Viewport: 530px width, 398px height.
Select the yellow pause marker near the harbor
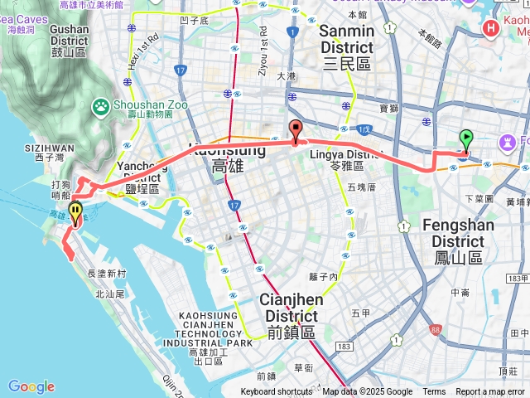75,212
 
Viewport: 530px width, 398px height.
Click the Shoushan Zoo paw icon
100,105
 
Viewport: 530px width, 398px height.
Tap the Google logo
31,386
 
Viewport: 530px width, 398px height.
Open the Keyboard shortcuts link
277,392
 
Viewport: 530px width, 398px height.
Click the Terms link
434,392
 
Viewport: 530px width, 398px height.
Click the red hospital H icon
490,27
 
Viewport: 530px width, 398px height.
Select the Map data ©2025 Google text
368,392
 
